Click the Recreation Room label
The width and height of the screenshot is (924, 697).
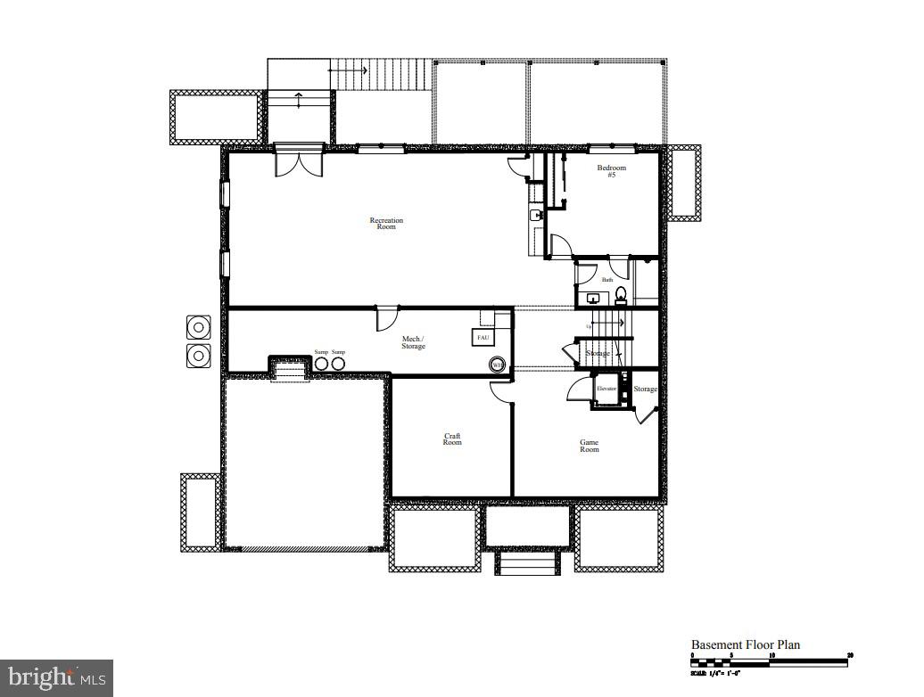point(386,224)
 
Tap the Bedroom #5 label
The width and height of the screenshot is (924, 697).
point(611,171)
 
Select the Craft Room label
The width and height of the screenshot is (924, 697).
point(452,439)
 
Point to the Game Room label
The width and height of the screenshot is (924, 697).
point(589,446)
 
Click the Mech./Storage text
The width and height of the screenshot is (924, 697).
point(413,342)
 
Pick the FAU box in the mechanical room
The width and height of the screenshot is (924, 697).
point(483,338)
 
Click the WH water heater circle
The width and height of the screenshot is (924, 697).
point(496,365)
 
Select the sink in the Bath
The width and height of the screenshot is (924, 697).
point(592,299)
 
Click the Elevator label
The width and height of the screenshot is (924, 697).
point(606,389)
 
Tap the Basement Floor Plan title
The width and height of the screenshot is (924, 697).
point(746,644)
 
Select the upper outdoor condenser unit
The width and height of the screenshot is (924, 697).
point(197,327)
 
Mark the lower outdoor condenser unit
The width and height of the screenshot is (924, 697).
point(197,356)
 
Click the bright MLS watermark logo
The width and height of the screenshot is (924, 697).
point(56,677)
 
